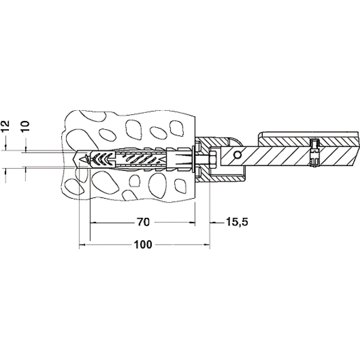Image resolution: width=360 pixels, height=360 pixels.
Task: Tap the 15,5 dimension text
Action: pos(237,222)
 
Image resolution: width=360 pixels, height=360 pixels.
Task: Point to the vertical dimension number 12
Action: pos(5,126)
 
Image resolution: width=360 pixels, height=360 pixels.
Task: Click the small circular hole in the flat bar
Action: pos(237,155)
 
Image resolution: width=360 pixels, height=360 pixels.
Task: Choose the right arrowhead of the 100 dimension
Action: pos(207,245)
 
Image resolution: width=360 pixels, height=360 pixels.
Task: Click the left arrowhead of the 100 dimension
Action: pos(82,245)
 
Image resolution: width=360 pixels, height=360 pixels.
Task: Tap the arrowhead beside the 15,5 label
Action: pos(213,222)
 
